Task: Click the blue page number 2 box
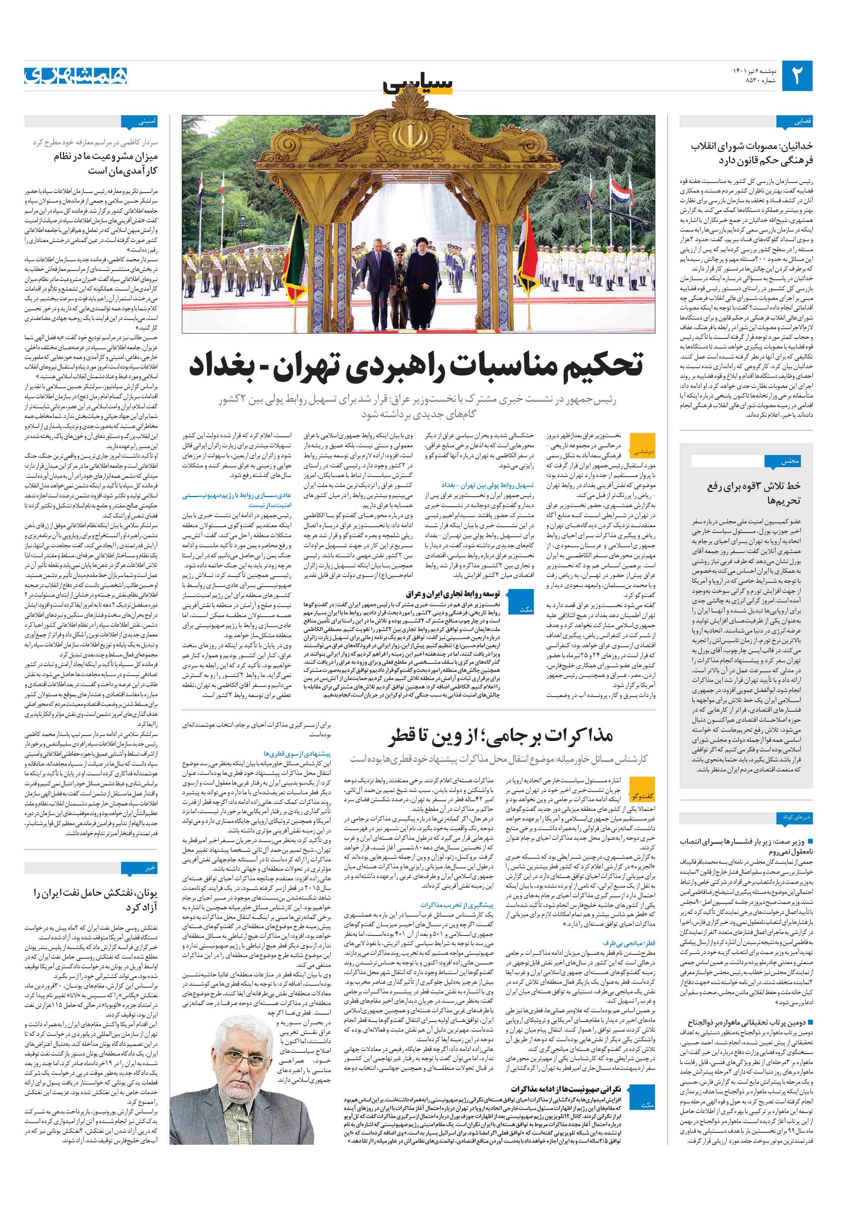[797, 76]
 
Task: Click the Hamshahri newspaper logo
[76, 76]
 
